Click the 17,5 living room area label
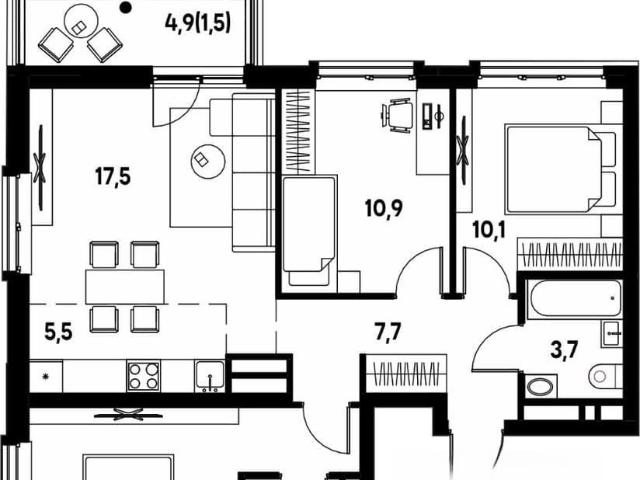tap(113, 177)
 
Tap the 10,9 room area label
tap(383, 209)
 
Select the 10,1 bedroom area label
tap(489, 230)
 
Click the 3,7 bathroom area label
tap(564, 350)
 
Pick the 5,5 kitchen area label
tap(58, 332)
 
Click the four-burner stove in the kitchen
tap(143, 376)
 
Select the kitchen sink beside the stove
tap(209, 376)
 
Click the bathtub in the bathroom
tap(574, 300)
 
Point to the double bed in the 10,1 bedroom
tap(560, 169)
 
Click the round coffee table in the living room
tap(208, 161)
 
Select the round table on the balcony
tap(81, 21)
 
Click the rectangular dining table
tap(125, 287)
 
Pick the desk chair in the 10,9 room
tap(395, 115)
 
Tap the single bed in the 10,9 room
tap(310, 233)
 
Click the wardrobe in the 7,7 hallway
tap(406, 373)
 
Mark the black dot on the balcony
tap(127, 6)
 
